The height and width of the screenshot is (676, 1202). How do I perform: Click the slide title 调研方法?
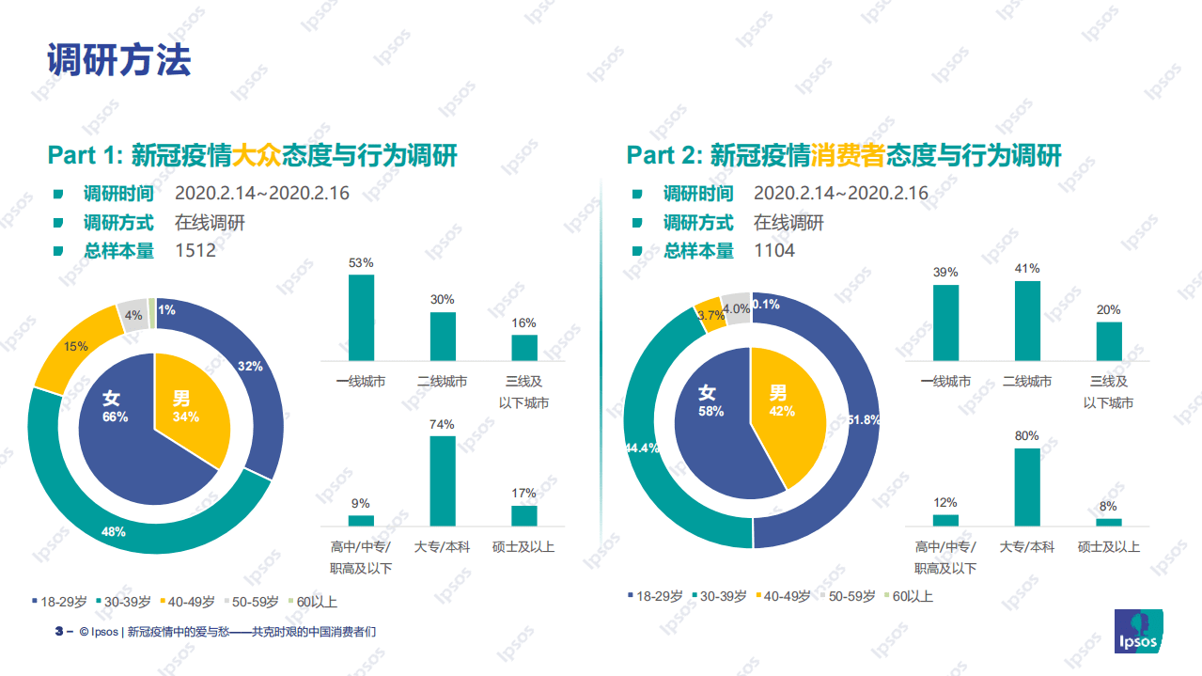(x=119, y=60)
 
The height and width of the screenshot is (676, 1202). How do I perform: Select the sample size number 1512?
(x=195, y=251)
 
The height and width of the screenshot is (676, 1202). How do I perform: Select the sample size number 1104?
(x=774, y=251)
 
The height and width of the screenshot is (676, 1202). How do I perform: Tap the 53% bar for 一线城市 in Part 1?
(x=361, y=317)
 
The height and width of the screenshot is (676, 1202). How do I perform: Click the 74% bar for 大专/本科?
(x=443, y=480)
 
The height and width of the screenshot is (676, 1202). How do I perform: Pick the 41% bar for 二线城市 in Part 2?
(x=1027, y=321)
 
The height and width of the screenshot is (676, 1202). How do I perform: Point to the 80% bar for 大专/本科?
(x=1027, y=486)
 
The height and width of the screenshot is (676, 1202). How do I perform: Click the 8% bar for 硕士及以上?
(x=1109, y=522)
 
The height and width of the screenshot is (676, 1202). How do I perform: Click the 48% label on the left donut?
(x=114, y=532)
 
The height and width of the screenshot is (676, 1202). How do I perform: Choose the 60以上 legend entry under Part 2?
(x=907, y=596)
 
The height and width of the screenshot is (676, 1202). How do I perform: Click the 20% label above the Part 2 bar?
(x=1109, y=310)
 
